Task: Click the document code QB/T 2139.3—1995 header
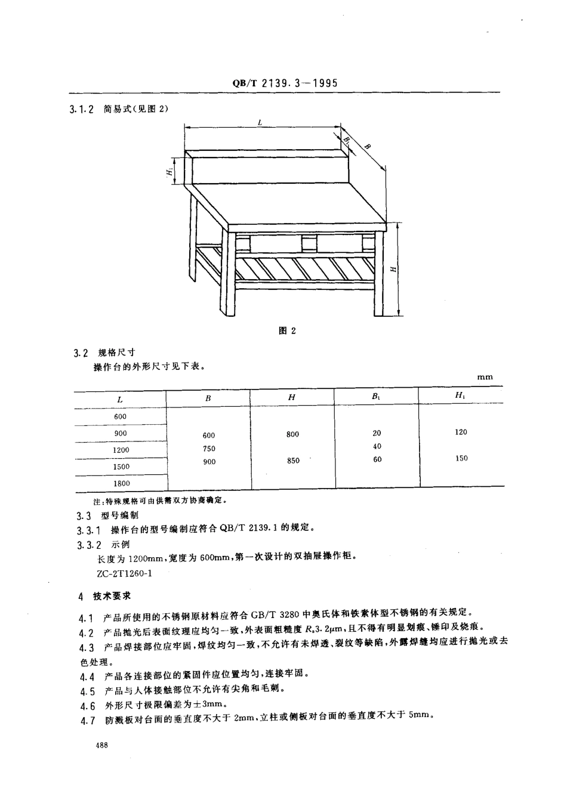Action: point(284,83)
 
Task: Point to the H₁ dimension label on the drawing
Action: point(170,172)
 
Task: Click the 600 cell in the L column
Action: point(120,416)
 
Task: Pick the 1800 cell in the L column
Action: point(121,483)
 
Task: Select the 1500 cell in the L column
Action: point(121,466)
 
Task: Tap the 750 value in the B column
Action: point(209,449)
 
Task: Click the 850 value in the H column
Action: point(293,461)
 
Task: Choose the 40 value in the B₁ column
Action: point(377,446)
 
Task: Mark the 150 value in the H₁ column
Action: point(461,458)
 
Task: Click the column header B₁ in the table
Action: point(376,397)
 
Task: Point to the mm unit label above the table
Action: point(485,377)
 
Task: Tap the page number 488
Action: point(100,745)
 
